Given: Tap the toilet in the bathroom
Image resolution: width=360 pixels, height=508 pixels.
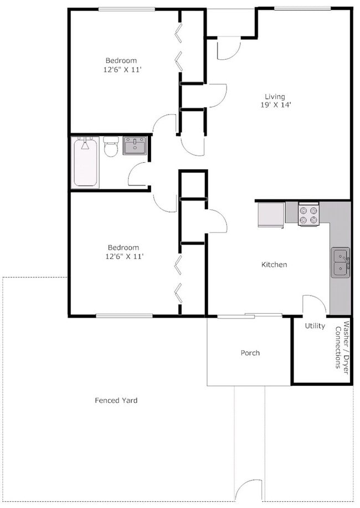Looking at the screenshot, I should click(111, 147).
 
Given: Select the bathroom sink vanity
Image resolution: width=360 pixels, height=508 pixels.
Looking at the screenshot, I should click(134, 146).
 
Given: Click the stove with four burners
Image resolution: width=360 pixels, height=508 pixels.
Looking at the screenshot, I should click(308, 215).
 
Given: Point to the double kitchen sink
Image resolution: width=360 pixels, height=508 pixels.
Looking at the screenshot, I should click(340, 262).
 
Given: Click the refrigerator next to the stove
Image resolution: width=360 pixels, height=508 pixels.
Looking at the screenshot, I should click(271, 215).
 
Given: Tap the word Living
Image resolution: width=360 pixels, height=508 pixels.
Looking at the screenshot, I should click(274, 97).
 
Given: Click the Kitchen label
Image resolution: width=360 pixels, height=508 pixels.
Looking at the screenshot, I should click(274, 265).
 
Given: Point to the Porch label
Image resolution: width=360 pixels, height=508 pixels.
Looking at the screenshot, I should click(250, 353).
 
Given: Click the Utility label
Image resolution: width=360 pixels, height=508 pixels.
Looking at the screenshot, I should click(315, 326).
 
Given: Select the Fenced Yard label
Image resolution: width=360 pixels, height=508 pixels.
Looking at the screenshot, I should click(116, 400).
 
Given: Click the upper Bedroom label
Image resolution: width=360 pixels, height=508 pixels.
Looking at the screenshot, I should click(121, 60).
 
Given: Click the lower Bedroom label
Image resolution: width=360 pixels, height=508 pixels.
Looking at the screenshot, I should click(123, 247).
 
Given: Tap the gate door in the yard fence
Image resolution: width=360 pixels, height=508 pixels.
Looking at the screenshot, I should click(248, 492).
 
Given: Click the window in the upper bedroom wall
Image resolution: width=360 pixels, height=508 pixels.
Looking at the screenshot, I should click(126, 9).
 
